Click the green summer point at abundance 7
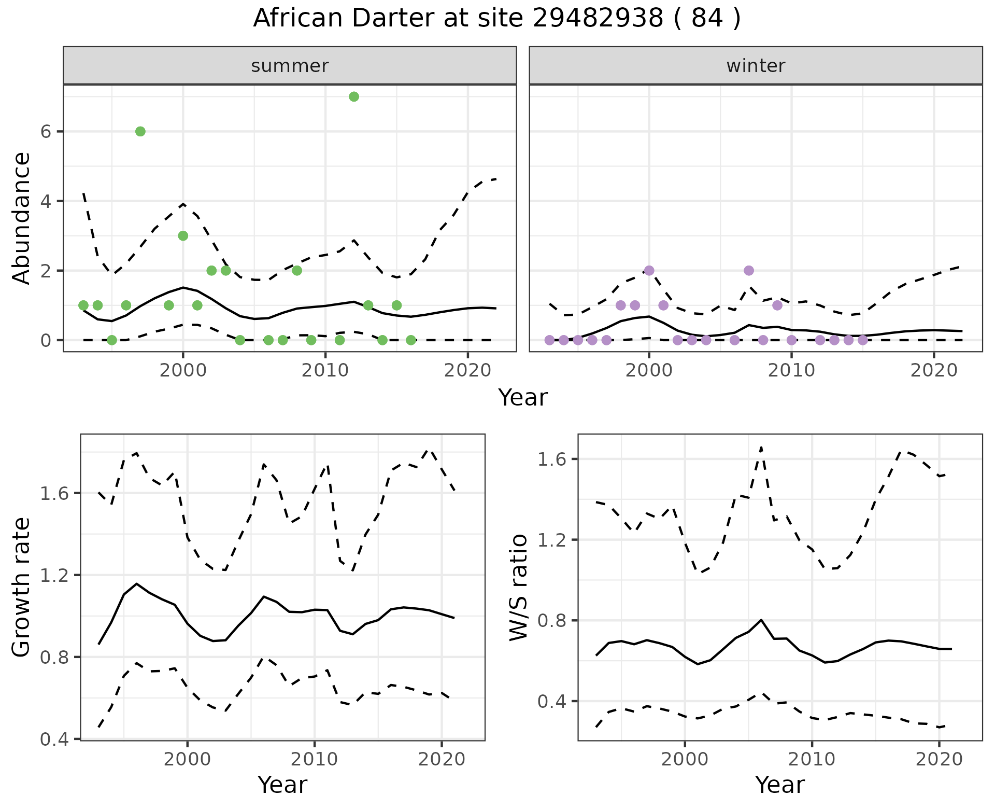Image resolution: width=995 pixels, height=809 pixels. pos(354,96)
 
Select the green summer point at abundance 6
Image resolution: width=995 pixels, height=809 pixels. pos(140,131)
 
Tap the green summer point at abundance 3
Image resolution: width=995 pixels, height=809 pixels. pos(183,236)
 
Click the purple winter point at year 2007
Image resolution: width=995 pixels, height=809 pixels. pos(748,270)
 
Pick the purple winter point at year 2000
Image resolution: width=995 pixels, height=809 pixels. pos(649,270)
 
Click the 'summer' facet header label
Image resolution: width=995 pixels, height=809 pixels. pos(290,66)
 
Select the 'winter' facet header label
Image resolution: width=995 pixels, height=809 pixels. pos(756,66)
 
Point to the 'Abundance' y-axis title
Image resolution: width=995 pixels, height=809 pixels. pos(21,218)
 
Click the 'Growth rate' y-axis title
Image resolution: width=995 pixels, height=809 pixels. pos(21,587)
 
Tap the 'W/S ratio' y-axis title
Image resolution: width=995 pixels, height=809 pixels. pos(519,587)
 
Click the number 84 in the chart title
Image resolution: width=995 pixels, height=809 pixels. pos(707,19)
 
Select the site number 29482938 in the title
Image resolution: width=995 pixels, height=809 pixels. pos(598,19)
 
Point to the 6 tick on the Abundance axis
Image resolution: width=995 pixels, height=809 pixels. pos(47,132)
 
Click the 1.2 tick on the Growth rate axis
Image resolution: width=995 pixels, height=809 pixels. pos(54,575)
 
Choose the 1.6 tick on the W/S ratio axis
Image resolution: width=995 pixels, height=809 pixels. pos(552,459)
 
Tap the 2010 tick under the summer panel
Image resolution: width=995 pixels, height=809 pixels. pos(325,370)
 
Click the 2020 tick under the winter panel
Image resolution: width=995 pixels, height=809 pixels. pos(934,370)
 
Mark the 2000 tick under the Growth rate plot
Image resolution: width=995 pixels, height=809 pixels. pos(188,759)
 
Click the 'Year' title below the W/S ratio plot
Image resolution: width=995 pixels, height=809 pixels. pos(779,785)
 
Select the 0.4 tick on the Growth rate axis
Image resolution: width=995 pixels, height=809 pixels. pos(54,739)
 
